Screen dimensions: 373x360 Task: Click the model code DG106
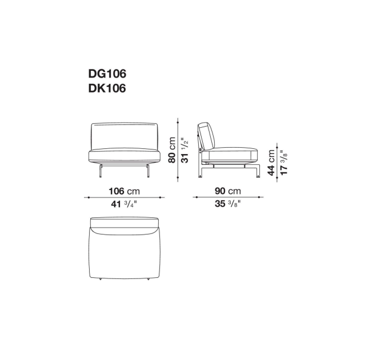pyautogui.click(x=107, y=74)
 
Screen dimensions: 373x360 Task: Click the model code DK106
pyautogui.click(x=107, y=88)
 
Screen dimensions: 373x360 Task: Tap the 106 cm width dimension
pyautogui.click(x=124, y=191)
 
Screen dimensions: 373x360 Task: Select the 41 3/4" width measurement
pyautogui.click(x=124, y=204)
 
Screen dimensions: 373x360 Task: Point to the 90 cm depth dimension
pyautogui.click(x=228, y=191)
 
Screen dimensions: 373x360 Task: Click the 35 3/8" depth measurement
pyautogui.click(x=228, y=204)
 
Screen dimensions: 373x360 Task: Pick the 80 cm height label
pyautogui.click(x=172, y=150)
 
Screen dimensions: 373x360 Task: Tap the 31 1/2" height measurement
pyautogui.click(x=185, y=150)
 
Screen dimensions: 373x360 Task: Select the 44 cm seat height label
pyautogui.click(x=271, y=163)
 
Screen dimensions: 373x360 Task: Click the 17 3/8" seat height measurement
pyautogui.click(x=284, y=163)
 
